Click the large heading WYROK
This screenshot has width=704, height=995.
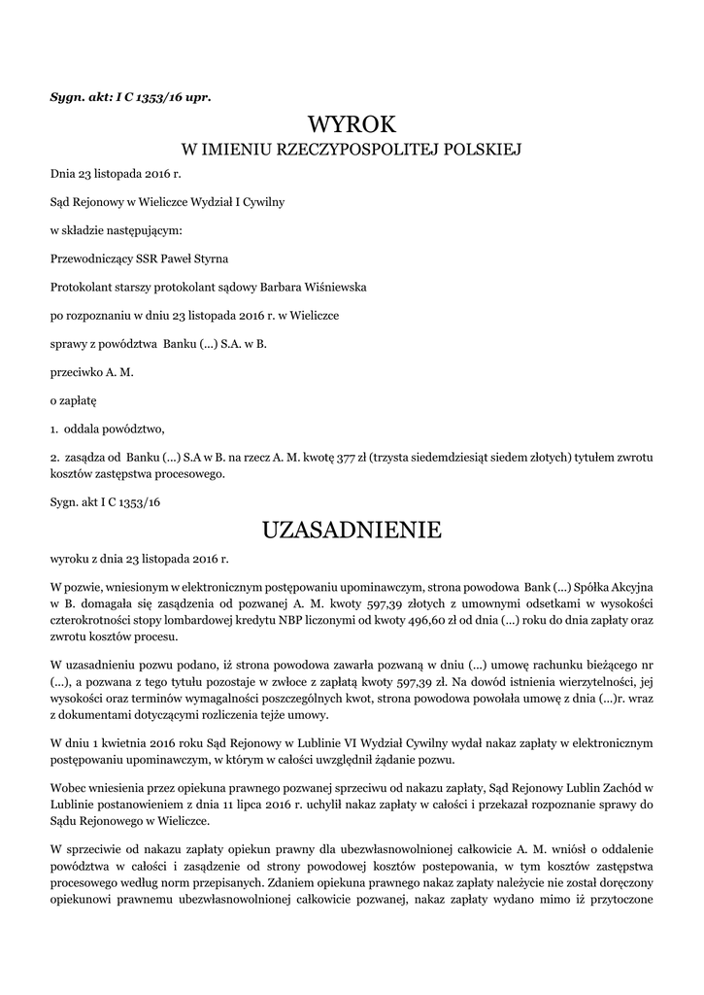(352, 124)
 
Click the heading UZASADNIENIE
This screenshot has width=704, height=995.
(352, 530)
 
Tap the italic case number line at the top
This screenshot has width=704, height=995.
(130, 97)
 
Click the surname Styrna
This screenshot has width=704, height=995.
(212, 258)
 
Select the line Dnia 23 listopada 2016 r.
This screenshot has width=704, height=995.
(116, 174)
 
